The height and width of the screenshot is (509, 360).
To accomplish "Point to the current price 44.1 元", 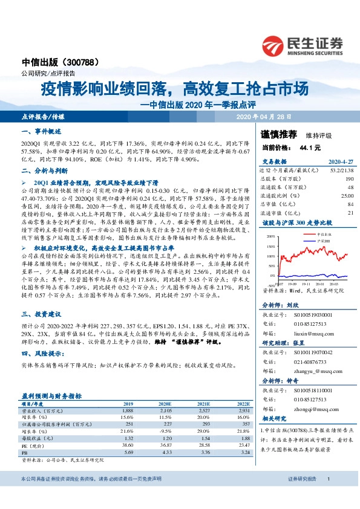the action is pos(307,147).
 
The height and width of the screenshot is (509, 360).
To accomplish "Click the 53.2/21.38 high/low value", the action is pos(340,171).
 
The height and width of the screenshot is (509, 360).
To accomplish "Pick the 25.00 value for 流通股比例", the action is pos(346,196).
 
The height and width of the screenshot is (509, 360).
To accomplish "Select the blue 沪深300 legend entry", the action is pos(324,240).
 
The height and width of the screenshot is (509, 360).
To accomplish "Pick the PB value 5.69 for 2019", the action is pos(128,452).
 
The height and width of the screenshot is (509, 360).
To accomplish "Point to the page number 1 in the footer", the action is pos(328,496).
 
